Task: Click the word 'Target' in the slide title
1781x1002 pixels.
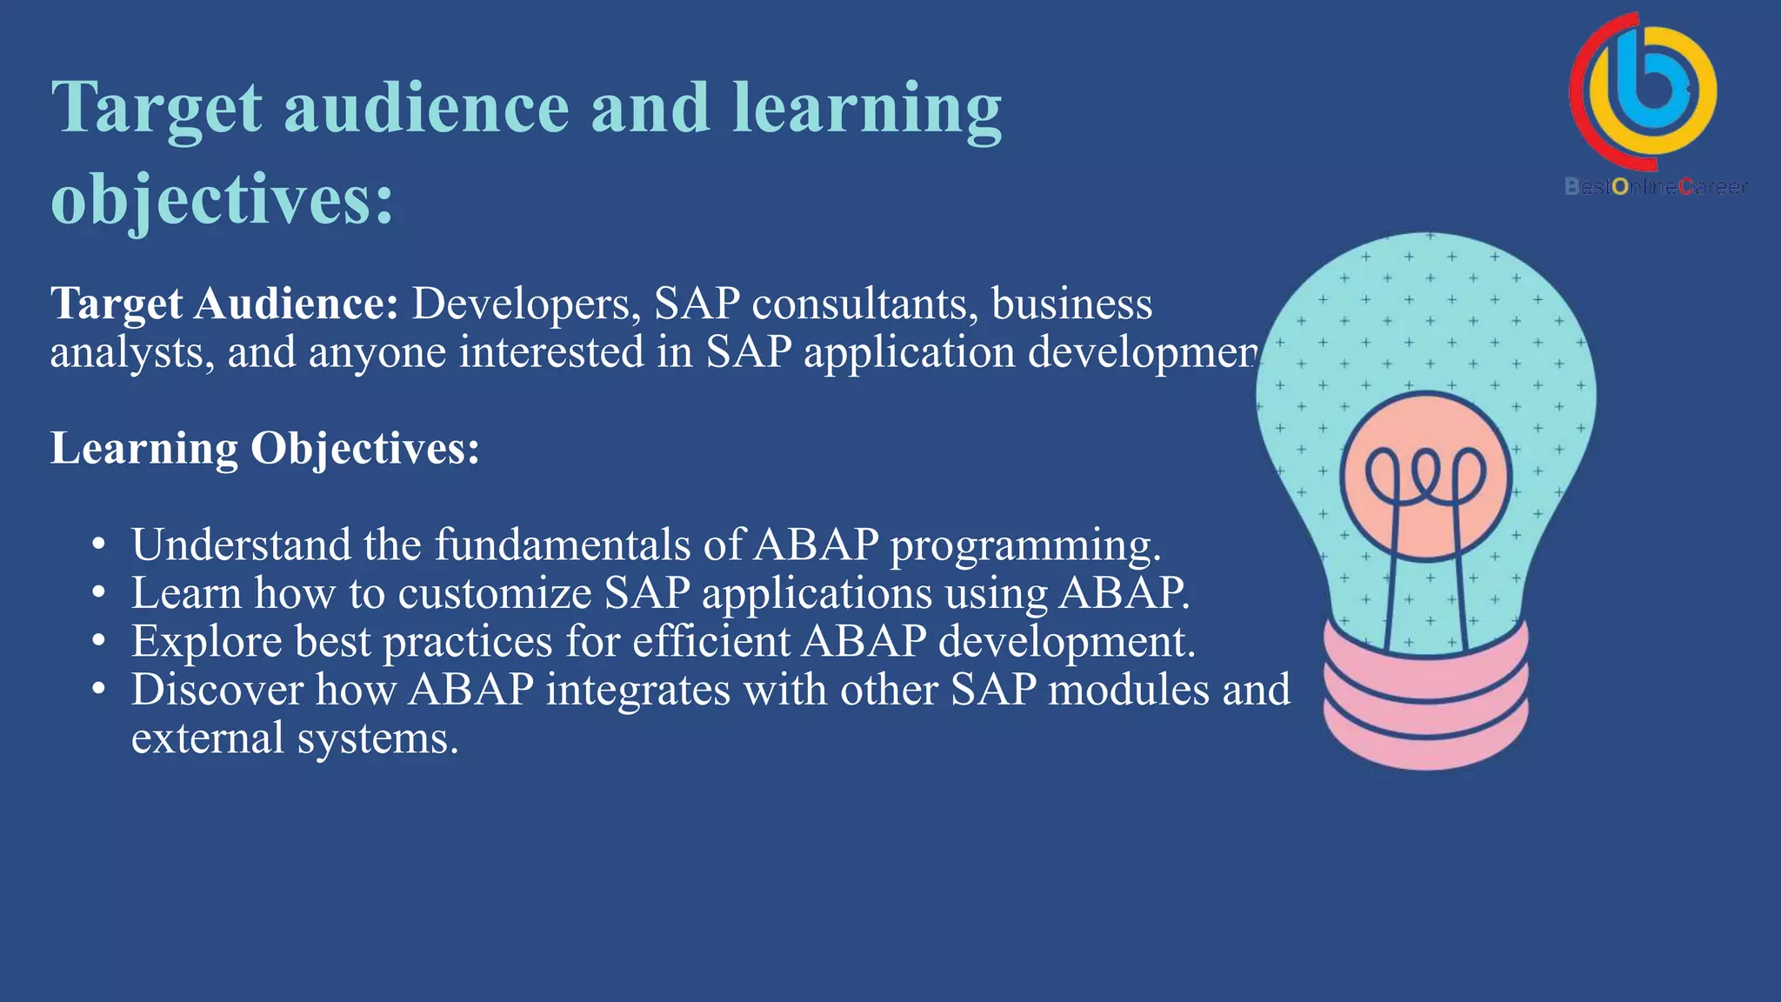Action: tap(157, 109)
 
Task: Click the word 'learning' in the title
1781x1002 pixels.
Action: tap(866, 109)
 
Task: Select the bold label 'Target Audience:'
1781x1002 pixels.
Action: tap(224, 304)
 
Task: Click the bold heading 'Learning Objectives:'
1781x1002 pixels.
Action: tap(264, 449)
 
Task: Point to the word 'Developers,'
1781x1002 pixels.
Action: tap(526, 304)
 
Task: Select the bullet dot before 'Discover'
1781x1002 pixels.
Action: tap(99, 691)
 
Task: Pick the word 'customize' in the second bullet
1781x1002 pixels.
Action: tap(495, 594)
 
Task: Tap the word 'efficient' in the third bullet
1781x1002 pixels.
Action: tap(710, 642)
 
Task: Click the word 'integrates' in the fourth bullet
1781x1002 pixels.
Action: tap(637, 691)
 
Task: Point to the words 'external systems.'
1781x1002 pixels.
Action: tap(294, 738)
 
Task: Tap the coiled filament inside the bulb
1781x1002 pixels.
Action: tap(1425, 478)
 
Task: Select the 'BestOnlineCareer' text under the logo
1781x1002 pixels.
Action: tap(1655, 186)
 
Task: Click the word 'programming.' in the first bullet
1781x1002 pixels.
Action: tap(1025, 545)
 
